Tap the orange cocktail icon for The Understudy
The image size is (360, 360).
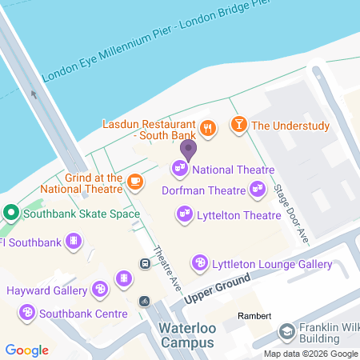[238, 125]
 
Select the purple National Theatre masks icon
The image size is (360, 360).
[179, 169]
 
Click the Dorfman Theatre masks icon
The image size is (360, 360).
[257, 190]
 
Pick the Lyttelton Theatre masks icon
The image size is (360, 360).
[184, 214]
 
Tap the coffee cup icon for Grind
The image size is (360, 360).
[134, 182]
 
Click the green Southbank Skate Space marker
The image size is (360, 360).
[11, 214]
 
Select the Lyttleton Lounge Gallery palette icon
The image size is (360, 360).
[199, 263]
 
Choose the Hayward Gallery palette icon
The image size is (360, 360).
[99, 289]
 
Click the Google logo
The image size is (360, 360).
[27, 350]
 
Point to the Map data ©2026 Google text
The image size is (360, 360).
[310, 354]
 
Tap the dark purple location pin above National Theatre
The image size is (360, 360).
[188, 149]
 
